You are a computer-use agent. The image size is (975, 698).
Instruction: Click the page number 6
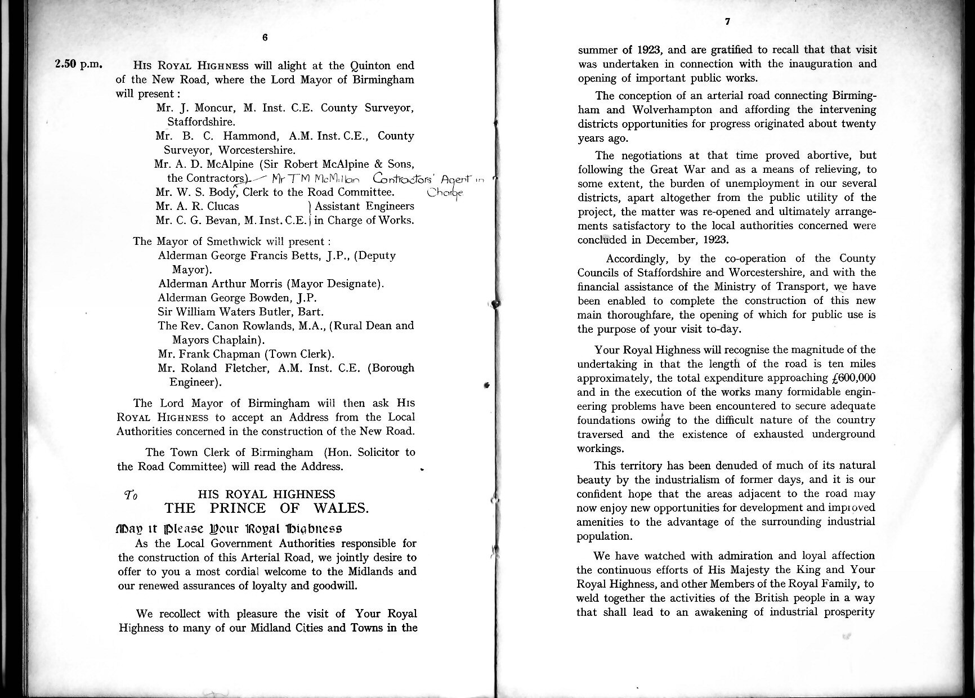[x=265, y=38]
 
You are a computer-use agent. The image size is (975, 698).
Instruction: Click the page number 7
[x=727, y=22]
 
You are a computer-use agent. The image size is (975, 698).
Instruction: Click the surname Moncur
[x=211, y=108]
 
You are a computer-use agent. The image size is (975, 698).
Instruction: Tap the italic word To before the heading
[x=131, y=495]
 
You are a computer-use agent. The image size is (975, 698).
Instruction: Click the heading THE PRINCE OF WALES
[x=267, y=508]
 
